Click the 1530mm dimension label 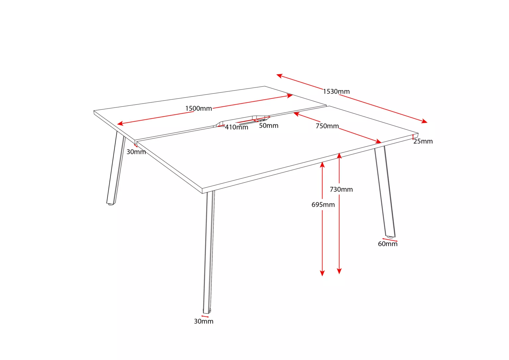coord(336,91)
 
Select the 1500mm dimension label coord(198,108)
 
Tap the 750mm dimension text coord(327,126)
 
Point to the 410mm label coord(237,127)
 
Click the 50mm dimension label coord(269,125)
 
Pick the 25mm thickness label coord(423,141)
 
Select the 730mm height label coord(341,189)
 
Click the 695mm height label coord(323,205)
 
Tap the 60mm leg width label coord(388,244)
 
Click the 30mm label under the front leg coord(203,321)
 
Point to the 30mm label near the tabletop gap coord(136,152)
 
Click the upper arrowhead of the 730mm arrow coord(339,155)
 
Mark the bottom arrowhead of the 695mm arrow coord(322,273)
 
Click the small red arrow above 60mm coord(390,240)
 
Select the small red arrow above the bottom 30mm coord(205,316)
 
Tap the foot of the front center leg coord(207,311)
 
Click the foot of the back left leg coord(110,204)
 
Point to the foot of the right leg coord(390,237)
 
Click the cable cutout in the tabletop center coord(242,121)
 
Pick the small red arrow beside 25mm coord(413,137)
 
